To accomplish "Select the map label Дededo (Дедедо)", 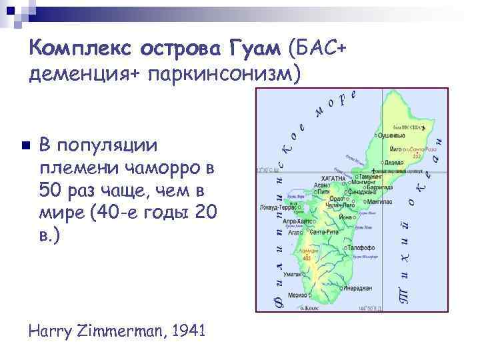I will point(394,161).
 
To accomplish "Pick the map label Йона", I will point(345,217).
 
